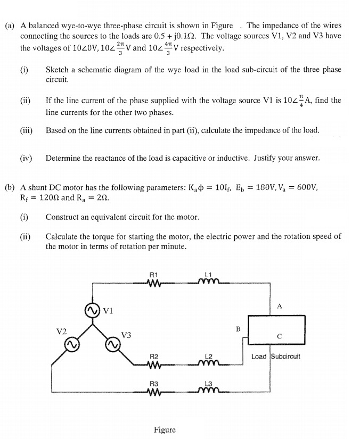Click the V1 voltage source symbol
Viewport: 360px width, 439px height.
(93, 310)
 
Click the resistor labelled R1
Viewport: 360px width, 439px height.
(154, 283)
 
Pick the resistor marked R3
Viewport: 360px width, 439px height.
(154, 393)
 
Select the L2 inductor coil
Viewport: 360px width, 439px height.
(208, 364)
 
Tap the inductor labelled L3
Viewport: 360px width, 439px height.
(208, 393)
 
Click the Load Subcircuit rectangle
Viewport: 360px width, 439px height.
(277, 329)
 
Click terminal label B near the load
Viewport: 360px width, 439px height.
(239, 328)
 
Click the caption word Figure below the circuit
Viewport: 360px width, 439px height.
(165, 429)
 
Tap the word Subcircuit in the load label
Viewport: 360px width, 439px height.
(286, 356)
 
